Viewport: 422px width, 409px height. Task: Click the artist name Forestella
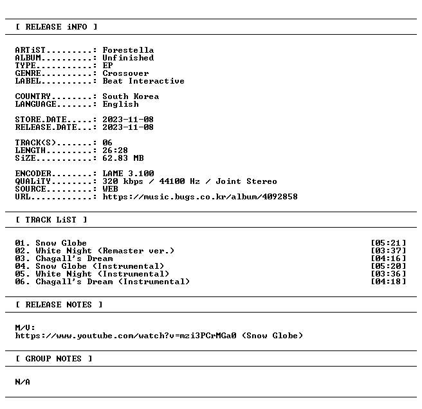coord(128,50)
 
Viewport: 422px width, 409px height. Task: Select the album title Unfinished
coord(128,58)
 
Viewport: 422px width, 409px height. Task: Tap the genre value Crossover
coord(125,73)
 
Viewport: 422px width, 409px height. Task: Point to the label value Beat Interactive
coord(143,81)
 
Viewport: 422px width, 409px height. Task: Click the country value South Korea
coord(131,96)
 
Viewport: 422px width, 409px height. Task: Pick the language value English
coord(120,104)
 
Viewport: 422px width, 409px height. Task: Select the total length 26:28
coord(115,150)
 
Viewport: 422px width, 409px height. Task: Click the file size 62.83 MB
coord(123,158)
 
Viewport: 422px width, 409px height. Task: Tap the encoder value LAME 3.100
coord(128,173)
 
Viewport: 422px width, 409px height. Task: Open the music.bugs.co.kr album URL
coord(200,197)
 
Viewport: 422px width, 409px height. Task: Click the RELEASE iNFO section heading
coord(56,27)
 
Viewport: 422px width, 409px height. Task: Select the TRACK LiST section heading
coord(51,220)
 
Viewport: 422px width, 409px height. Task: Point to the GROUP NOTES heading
coord(53,359)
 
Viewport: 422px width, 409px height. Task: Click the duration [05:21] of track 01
coord(389,243)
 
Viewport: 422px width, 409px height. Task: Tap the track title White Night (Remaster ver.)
coord(105,251)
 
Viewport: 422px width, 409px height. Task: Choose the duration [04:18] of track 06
coord(389,282)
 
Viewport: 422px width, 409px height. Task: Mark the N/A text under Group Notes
coord(23,382)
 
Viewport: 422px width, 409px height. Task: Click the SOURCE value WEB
coord(110,189)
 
